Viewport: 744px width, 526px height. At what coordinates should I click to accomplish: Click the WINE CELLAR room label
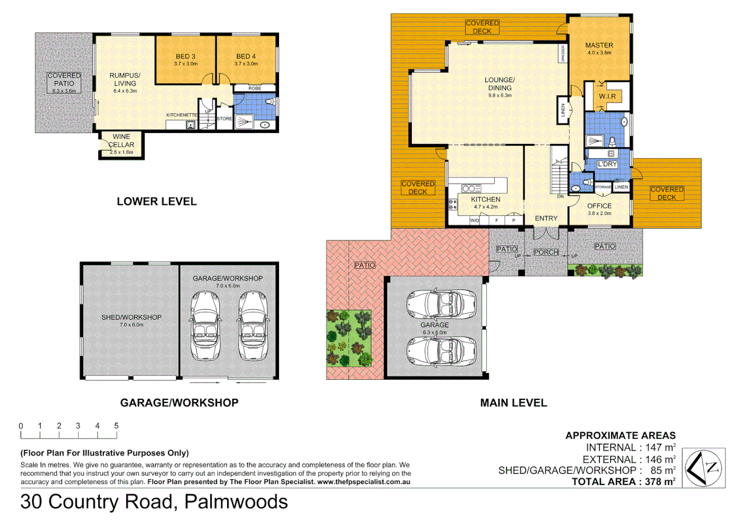(121, 141)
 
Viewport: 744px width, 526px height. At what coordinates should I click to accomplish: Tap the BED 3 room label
(186, 56)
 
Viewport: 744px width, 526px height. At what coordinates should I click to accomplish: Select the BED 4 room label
(246, 56)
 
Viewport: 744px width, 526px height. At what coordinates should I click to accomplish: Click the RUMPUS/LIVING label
(125, 79)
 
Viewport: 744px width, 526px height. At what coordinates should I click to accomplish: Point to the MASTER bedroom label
(599, 45)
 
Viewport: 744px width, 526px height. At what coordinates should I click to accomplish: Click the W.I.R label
(607, 96)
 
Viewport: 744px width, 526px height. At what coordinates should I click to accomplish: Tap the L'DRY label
(607, 164)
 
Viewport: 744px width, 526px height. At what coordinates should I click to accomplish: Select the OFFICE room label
(599, 206)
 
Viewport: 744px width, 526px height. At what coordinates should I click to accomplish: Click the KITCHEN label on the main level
(485, 200)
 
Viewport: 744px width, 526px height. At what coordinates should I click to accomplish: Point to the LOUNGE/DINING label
(500, 84)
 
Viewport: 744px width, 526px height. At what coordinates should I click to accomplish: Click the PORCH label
(546, 252)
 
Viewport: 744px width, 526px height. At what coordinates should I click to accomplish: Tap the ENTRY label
(546, 219)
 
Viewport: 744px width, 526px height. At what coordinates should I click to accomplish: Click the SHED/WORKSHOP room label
(131, 318)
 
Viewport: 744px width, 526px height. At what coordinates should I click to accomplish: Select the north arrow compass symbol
(704, 468)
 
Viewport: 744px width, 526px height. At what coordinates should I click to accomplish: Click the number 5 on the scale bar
(116, 426)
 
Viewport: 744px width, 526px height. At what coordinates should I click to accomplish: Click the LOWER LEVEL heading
(157, 202)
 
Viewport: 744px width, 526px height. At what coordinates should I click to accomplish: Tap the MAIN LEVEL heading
(513, 403)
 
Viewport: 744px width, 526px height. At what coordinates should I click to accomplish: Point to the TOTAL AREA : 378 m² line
(623, 482)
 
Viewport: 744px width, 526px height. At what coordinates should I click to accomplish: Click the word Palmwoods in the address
(236, 502)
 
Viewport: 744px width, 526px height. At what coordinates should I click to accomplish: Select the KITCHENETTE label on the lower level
(182, 115)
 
